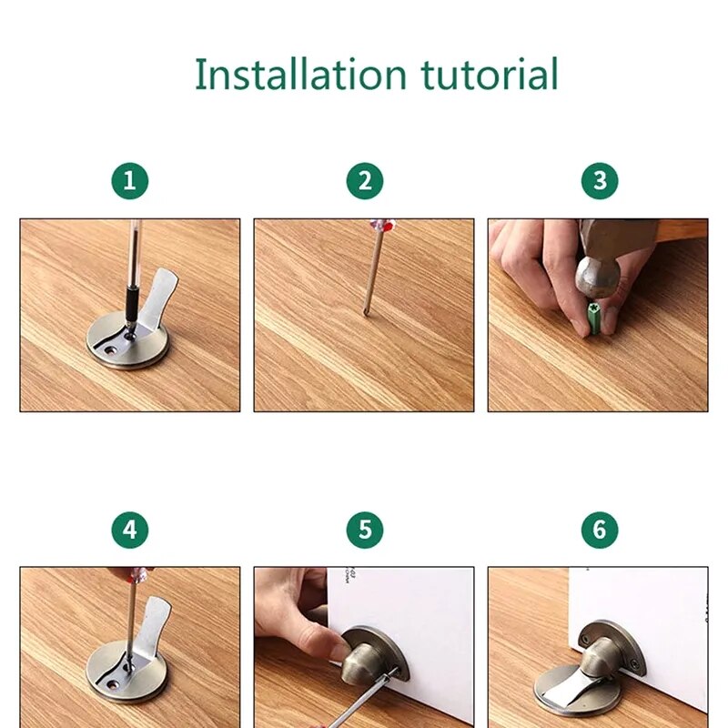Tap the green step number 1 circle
pyautogui.click(x=129, y=181)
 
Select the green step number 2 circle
pyautogui.click(x=364, y=181)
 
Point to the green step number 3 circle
pyautogui.click(x=599, y=181)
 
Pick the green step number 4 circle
pyautogui.click(x=129, y=530)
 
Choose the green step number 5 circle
pyautogui.click(x=364, y=530)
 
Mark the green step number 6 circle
pyautogui.click(x=599, y=530)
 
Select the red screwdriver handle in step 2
pyautogui.click(x=381, y=226)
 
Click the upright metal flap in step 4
pyautogui.click(x=156, y=629)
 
